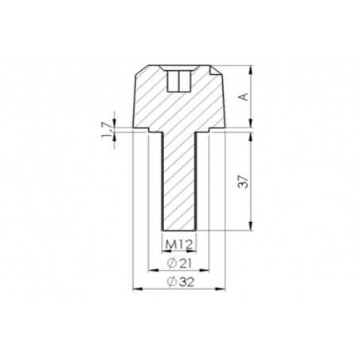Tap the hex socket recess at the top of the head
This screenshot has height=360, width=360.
pos(179,80)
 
